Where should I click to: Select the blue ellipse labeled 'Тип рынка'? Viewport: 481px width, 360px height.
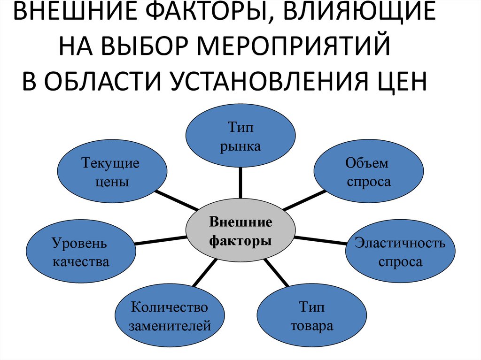(x=240, y=137)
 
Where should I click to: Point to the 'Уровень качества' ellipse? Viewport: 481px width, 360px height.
(x=81, y=253)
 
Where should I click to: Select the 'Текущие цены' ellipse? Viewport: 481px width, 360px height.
(x=111, y=172)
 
